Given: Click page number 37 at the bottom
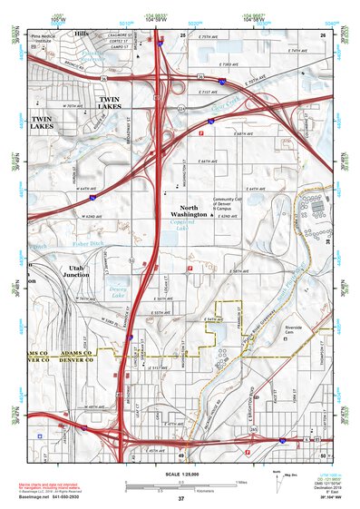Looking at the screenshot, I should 180,499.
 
